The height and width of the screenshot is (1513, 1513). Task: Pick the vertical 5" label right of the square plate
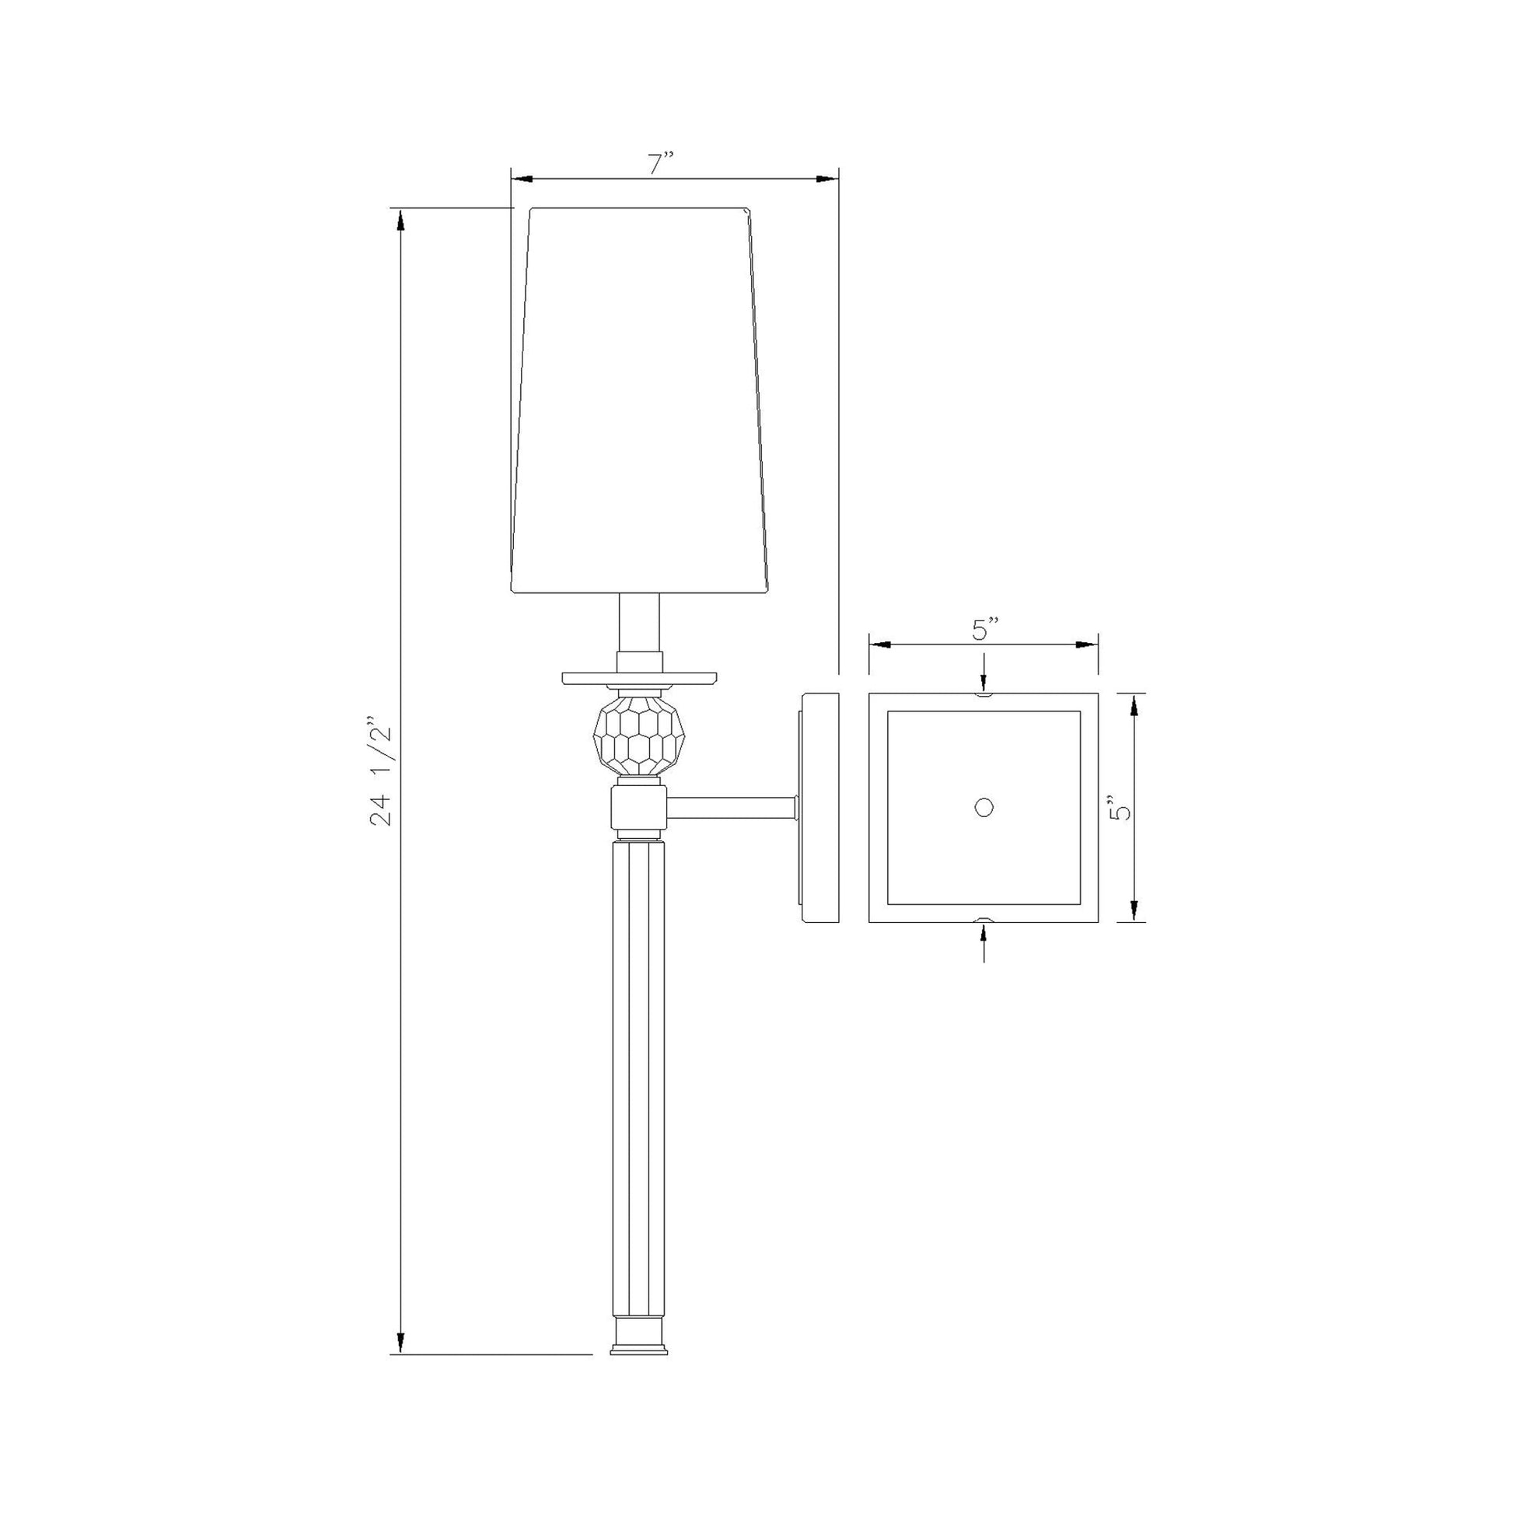[x=1121, y=806]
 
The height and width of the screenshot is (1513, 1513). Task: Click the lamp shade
[x=638, y=400]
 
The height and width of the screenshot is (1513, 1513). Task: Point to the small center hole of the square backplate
[x=984, y=806]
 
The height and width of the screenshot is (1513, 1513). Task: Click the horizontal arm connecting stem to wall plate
[x=731, y=808]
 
